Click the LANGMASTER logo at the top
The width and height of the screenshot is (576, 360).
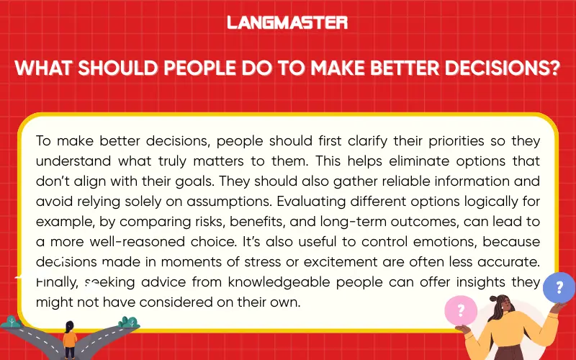[287, 22]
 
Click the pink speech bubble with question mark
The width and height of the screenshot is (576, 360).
[461, 312]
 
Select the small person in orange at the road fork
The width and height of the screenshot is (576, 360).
[70, 338]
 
